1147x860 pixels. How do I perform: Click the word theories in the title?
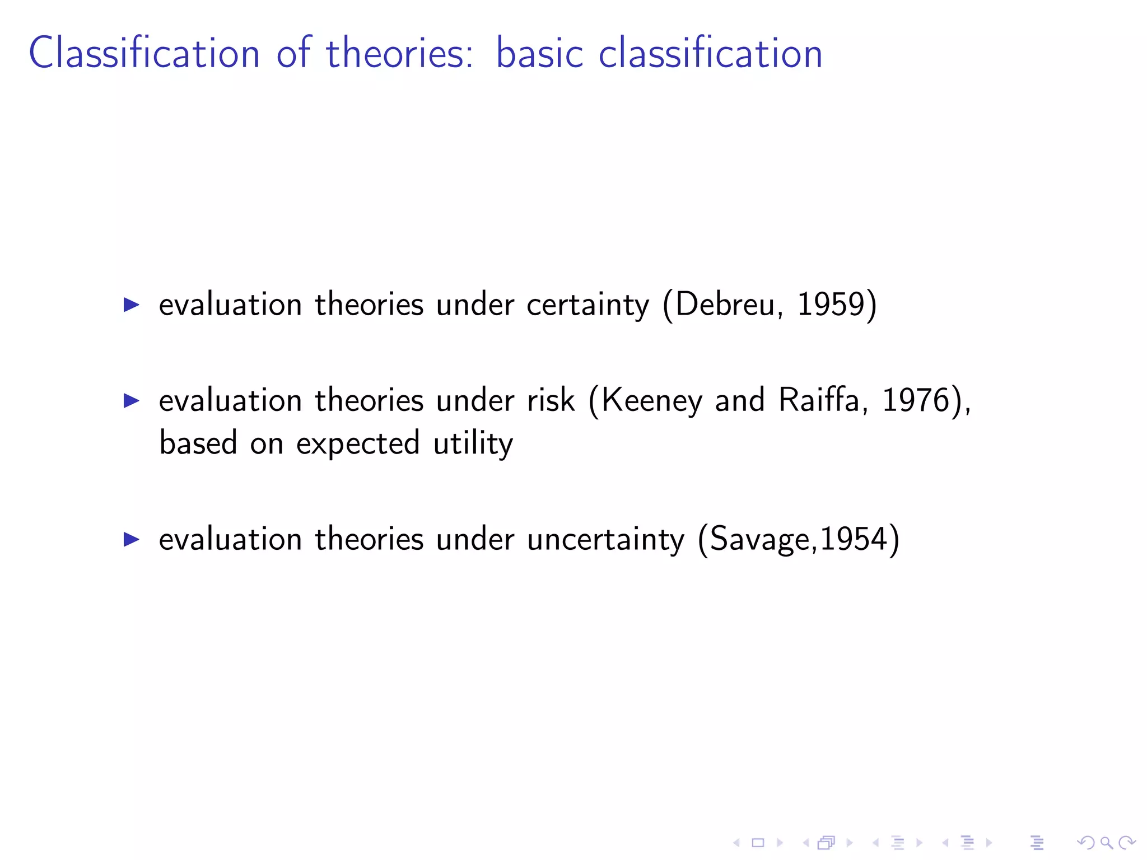[x=400, y=53]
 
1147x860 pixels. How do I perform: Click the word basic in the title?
[x=539, y=53]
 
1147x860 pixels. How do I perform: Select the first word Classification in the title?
[x=144, y=53]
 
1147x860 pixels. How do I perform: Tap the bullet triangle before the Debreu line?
[x=131, y=305]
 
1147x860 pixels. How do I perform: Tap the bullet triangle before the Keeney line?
[x=131, y=401]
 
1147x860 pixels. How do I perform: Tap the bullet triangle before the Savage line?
[x=131, y=540]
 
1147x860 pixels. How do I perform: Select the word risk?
[x=551, y=401]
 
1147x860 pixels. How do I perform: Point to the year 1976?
[x=915, y=401]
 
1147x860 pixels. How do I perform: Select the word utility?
[x=473, y=444]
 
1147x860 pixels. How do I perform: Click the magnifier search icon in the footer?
[x=1106, y=843]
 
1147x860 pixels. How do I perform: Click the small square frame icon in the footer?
[x=758, y=843]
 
